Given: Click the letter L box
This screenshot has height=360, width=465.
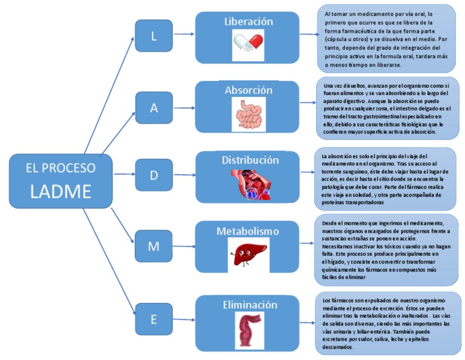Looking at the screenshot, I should tap(154, 36).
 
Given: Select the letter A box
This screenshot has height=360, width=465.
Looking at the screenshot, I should tap(154, 107).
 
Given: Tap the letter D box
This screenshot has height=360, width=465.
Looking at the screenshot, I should tap(154, 175).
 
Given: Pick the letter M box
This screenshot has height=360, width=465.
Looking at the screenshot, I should tap(154, 246).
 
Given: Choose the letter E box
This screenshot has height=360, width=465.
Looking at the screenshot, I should tap(154, 318).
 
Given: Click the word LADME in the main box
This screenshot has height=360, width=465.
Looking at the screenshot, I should tap(61, 191).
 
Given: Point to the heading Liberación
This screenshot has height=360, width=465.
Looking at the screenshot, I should tap(248, 22).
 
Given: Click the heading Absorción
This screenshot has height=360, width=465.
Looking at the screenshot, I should tap(248, 90).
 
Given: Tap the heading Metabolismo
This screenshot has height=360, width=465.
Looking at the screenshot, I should tap(248, 232).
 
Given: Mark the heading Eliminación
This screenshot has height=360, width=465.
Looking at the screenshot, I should tap(248, 305).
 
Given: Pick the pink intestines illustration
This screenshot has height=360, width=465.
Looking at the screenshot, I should tap(249, 113).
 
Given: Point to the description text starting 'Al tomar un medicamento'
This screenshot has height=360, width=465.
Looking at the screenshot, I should tap(386, 39).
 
